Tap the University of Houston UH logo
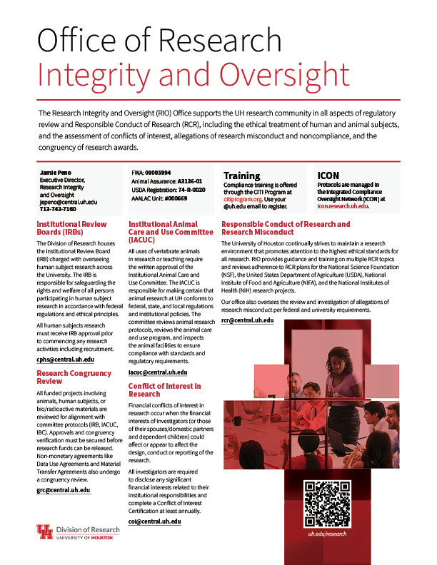(44, 532)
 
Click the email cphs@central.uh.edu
(65, 360)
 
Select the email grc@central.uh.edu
(64, 470)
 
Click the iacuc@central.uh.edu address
(158, 372)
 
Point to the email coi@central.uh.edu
(154, 521)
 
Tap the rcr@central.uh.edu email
(247, 320)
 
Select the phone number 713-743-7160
(58, 210)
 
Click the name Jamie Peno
(56, 173)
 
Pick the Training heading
(241, 175)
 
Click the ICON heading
(328, 175)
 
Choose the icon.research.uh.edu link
(342, 205)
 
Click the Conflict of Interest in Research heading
(164, 390)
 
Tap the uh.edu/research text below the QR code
(327, 534)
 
